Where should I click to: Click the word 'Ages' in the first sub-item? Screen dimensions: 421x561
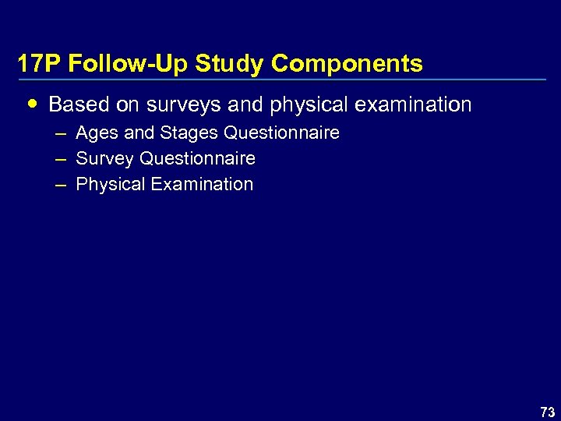95,133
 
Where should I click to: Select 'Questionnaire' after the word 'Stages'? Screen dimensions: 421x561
281,133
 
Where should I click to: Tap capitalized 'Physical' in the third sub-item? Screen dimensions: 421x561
110,185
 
